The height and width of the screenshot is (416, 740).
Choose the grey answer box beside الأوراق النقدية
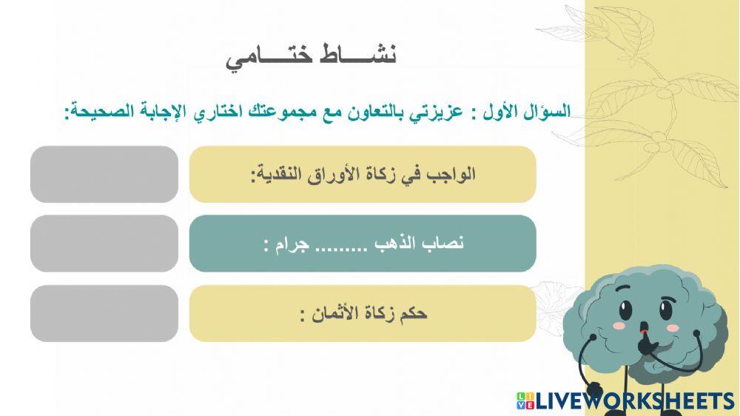click(104, 174)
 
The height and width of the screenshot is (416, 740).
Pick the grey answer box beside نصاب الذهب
click(104, 244)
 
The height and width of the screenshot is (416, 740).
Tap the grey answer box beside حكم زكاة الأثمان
click(104, 313)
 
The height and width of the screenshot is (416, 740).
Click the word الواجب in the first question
click(452, 175)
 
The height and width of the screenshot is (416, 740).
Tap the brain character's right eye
click(667, 305)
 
